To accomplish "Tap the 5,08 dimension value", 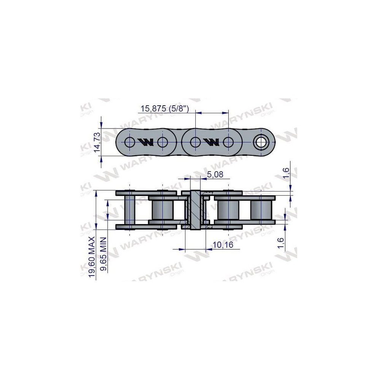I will [215, 174].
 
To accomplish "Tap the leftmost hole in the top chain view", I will [129, 142].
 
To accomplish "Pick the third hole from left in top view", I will [195, 142].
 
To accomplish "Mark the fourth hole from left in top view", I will [228, 142].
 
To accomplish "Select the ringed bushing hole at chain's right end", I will [261, 142].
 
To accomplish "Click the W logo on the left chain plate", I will [146, 142].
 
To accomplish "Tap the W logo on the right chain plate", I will [211, 142].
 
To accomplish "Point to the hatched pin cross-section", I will [195, 210].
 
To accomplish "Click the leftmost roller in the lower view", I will [162, 210].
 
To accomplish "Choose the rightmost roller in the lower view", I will [261, 210].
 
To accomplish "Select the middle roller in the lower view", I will [228, 210].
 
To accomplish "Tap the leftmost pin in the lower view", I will [130, 210].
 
